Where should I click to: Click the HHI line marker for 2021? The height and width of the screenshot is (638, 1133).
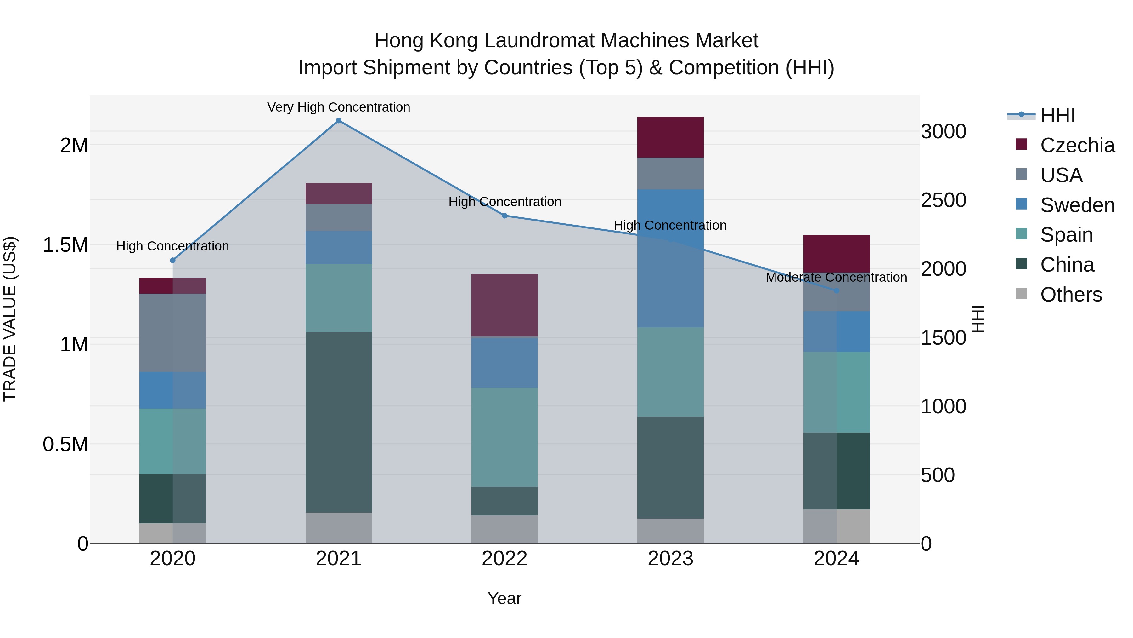click(338, 121)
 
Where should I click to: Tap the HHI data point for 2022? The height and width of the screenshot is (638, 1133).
click(504, 216)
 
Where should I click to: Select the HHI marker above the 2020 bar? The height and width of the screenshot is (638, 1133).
click(172, 260)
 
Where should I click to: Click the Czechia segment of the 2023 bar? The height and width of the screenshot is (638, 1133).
click(670, 137)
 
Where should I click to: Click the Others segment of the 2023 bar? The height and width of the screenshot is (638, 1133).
click(670, 531)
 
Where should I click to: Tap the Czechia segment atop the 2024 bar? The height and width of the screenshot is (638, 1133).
click(836, 253)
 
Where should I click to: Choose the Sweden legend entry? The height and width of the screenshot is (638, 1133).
click(1077, 205)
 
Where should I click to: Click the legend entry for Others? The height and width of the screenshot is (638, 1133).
click(1071, 295)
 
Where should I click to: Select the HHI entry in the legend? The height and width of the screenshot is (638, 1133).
click(1057, 115)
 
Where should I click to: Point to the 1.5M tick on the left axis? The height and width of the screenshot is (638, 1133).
click(65, 245)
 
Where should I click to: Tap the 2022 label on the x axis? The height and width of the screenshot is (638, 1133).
click(504, 558)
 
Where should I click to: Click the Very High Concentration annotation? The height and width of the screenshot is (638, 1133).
click(338, 107)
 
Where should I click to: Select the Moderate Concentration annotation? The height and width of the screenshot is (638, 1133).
click(836, 277)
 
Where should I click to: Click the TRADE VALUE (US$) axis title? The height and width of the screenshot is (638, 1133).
click(10, 319)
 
